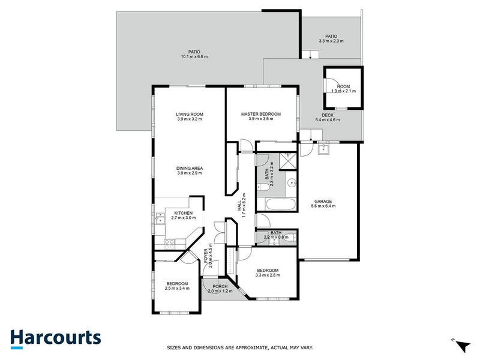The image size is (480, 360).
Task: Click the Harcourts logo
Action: coord(55,338)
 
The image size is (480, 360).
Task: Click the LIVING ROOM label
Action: coord(190,114)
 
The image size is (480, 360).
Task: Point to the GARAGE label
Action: coord(323,201)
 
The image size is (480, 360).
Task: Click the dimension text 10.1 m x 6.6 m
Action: coord(194,57)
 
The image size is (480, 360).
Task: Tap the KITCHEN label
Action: coord(183,213)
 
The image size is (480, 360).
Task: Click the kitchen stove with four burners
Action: coord(169,243)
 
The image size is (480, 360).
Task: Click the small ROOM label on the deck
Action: coord(344,86)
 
